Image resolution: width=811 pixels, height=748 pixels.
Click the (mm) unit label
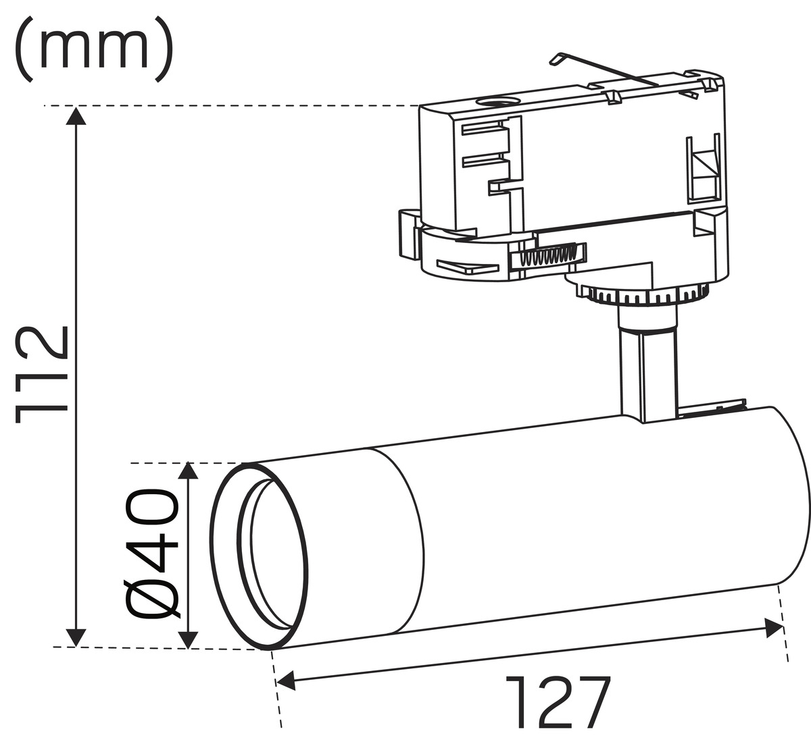pos(95,49)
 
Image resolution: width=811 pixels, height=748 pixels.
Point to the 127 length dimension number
pos(557,702)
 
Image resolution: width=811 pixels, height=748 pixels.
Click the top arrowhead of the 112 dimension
pos(76,115)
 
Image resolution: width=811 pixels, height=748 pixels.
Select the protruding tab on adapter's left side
pos(409,234)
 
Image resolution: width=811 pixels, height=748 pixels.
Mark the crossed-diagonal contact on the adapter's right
pos(702,170)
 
